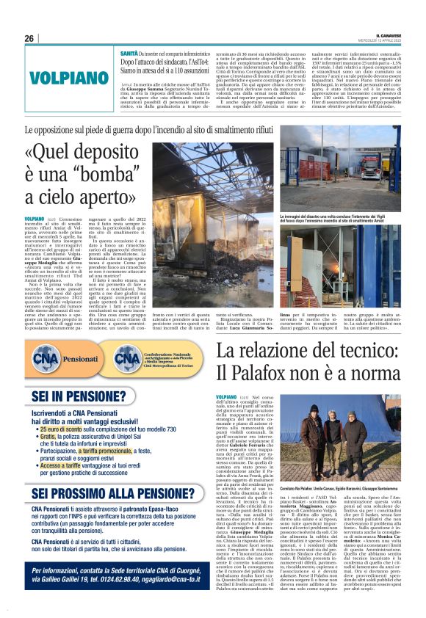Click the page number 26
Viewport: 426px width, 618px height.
tap(29, 38)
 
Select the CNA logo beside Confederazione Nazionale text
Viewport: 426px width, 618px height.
tap(129, 359)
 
